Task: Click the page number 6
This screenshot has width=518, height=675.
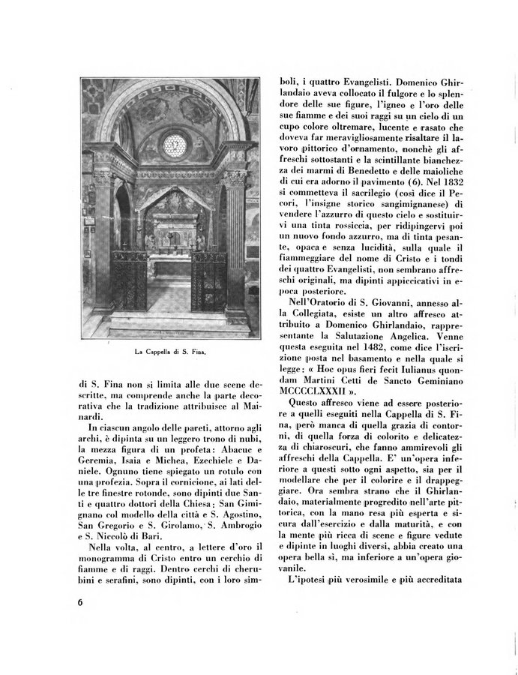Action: point(79,604)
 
